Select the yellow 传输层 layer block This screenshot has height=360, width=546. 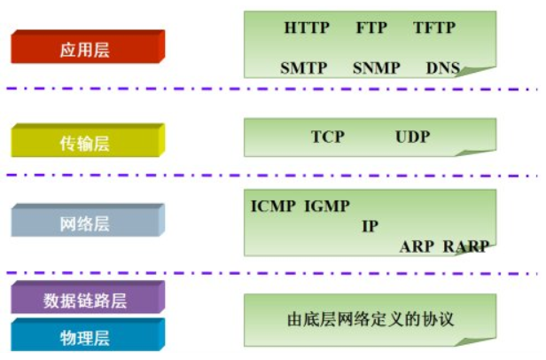[x=85, y=143]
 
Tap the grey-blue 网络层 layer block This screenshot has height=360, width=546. [x=85, y=223]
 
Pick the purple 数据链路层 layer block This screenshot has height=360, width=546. [x=85, y=300]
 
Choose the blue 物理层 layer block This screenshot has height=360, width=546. [x=85, y=338]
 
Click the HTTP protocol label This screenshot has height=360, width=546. [x=307, y=27]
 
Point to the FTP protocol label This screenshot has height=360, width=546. [x=371, y=27]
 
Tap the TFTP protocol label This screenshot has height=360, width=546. [x=433, y=27]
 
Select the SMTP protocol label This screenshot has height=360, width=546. [x=304, y=67]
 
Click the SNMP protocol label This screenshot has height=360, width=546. [x=376, y=67]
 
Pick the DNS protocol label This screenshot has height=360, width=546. [x=442, y=67]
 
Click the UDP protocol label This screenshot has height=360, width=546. [x=412, y=137]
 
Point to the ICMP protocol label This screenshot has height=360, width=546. [x=274, y=207]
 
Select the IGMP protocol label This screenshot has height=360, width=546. [x=327, y=207]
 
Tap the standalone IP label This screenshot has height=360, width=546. [x=370, y=226]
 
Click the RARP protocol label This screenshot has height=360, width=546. [x=465, y=247]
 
